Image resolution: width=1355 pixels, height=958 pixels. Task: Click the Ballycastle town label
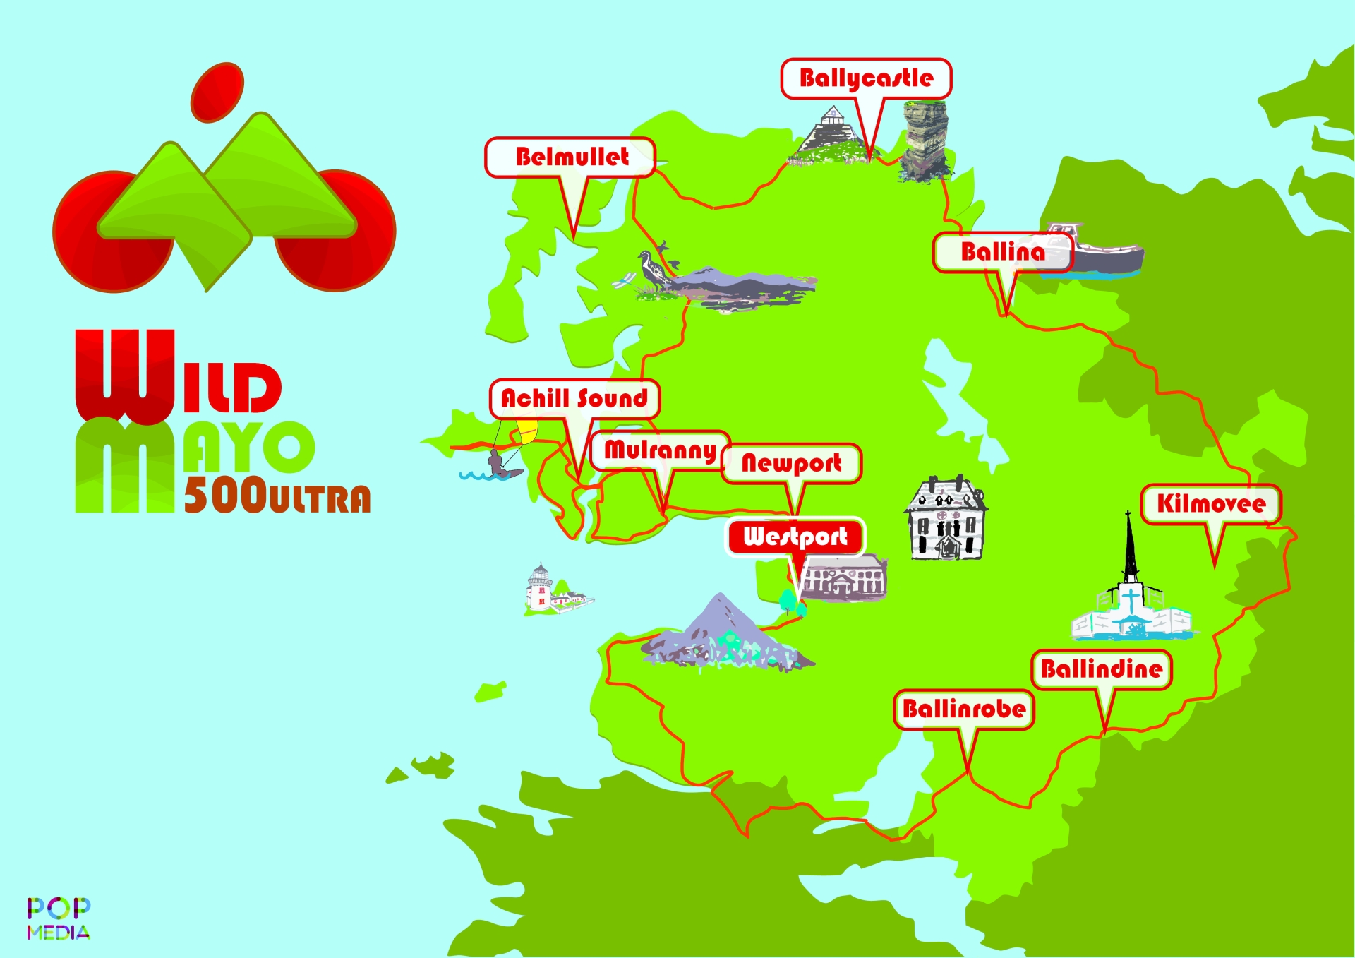866,78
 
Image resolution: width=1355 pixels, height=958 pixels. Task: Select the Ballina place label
1002,252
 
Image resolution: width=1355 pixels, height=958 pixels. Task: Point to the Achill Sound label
574,399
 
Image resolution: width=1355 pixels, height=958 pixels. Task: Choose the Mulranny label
660,450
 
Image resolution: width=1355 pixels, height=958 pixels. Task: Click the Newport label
791,463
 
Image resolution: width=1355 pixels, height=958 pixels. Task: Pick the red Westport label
795,537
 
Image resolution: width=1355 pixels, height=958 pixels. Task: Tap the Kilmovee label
1211,504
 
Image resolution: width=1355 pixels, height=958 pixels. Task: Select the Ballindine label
1101,669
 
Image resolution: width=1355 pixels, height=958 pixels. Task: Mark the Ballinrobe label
964,709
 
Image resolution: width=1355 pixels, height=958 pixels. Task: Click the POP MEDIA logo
59,918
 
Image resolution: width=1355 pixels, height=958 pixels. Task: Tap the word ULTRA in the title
319,499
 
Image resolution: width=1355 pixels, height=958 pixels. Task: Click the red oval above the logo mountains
217,91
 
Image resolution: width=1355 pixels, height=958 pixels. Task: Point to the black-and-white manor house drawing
946,519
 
